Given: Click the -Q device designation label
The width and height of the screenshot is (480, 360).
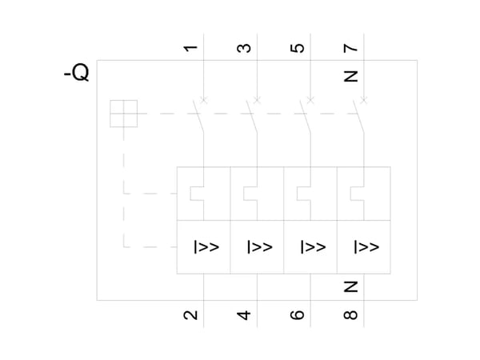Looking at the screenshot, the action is (77, 73).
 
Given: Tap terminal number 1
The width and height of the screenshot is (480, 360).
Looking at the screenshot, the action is (190, 48).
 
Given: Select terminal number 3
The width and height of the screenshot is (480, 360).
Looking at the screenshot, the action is (244, 48).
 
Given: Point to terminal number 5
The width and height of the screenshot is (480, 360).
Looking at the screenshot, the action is (298, 48).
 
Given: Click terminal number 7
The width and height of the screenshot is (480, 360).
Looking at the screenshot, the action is (350, 48).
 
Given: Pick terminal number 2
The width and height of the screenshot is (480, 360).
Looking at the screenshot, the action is (190, 315).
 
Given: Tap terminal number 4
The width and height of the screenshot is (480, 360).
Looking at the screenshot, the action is (244, 315).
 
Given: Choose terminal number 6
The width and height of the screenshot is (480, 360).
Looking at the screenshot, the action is (298, 315).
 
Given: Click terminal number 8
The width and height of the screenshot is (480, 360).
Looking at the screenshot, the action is (350, 315).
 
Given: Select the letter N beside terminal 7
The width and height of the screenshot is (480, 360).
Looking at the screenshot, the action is (351, 76).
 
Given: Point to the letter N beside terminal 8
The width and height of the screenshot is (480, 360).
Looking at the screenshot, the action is (351, 287).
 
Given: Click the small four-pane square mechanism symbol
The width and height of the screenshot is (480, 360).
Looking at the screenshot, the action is (124, 114).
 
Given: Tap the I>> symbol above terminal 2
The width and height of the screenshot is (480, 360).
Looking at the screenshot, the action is (206, 247).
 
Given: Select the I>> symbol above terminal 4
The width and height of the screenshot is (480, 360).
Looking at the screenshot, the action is (260, 247).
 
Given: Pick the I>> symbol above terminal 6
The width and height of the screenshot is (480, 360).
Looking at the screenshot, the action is (313, 247).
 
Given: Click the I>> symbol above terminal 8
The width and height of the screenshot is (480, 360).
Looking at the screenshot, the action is (366, 247).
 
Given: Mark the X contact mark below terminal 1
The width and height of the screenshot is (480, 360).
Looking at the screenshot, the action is (204, 100).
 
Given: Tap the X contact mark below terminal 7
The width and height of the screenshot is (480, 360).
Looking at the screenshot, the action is (364, 100).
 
